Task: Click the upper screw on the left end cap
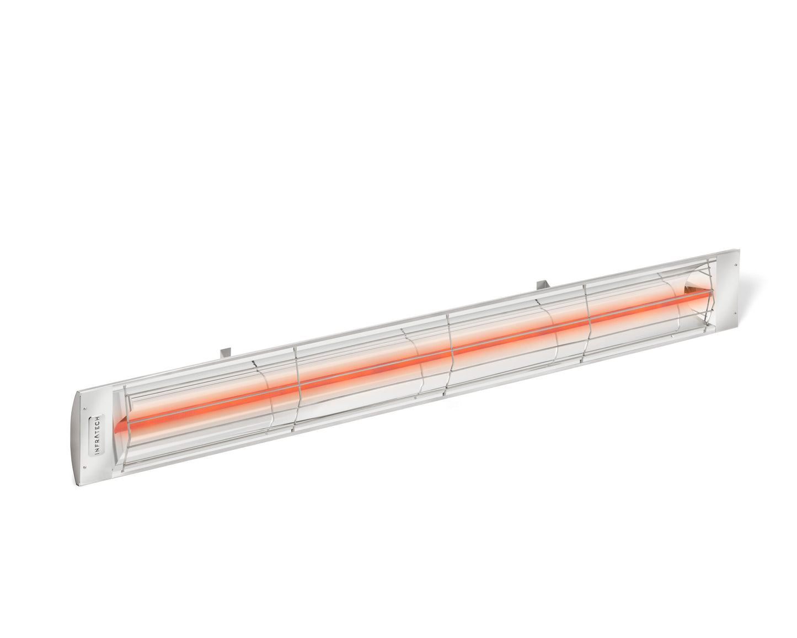(84, 409)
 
